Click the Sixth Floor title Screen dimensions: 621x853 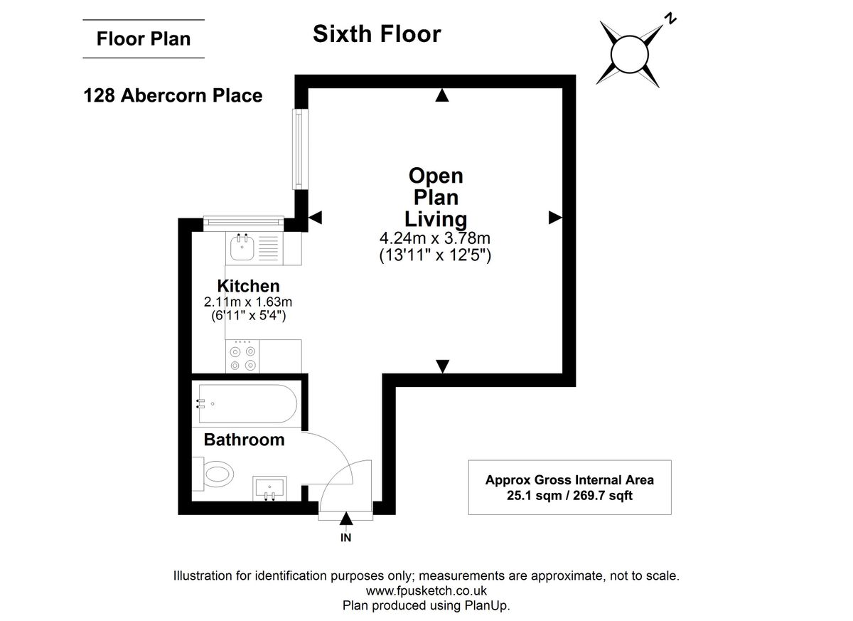tap(377, 34)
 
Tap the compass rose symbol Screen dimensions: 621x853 tap(629, 53)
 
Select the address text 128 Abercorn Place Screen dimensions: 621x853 tap(173, 95)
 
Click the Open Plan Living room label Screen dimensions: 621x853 tap(436, 197)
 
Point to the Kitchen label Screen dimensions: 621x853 tap(248, 286)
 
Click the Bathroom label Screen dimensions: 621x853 tap(244, 440)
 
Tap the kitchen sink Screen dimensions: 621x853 tap(242, 248)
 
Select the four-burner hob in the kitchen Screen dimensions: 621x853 tap(242, 357)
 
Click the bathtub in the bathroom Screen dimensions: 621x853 tap(245, 404)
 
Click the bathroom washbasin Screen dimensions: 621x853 tap(270, 488)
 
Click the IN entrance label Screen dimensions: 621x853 tap(345, 538)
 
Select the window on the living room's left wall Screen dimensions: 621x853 tap(301, 149)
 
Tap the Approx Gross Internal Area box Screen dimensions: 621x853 tap(569, 487)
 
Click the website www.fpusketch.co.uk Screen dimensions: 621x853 tap(426, 590)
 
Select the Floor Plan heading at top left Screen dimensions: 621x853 tap(144, 38)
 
